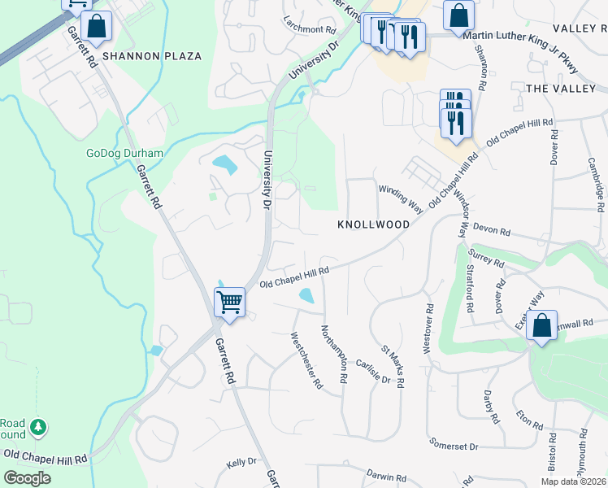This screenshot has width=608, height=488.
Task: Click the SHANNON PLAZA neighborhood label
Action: [151, 56]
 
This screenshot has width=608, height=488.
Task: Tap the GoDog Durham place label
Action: [125, 153]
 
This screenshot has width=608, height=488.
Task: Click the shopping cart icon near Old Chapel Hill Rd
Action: [229, 303]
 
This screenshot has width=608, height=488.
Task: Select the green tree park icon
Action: [37, 426]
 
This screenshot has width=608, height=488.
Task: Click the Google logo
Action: [27, 477]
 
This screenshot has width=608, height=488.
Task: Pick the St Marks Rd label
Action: [393, 364]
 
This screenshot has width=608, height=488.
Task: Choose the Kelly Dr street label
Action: [242, 463]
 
